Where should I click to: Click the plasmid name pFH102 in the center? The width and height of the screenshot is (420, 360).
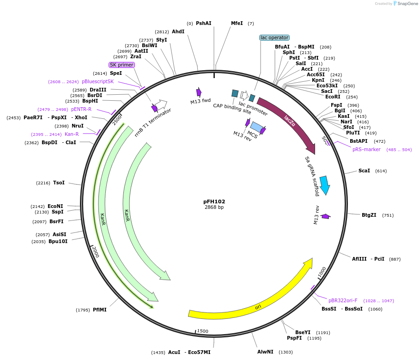214,201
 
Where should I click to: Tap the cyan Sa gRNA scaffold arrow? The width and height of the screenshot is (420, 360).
325,185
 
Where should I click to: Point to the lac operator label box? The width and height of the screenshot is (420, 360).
274,38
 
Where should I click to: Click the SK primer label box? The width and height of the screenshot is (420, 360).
122,65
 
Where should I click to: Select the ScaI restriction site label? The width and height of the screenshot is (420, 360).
364,171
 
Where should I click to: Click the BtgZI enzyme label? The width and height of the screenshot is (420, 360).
369,215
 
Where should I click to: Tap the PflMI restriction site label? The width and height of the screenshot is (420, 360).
99,310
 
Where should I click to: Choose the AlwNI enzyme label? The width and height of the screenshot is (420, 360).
265,352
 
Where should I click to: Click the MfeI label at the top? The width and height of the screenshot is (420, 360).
237,23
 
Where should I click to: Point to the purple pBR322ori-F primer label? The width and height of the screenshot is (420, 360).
343,300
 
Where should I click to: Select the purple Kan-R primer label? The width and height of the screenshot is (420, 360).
72,134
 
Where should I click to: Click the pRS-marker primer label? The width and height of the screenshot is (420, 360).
366,149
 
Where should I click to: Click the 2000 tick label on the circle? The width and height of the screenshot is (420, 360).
95,252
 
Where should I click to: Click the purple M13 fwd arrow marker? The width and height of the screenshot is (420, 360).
199,92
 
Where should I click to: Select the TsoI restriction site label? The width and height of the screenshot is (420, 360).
59,183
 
